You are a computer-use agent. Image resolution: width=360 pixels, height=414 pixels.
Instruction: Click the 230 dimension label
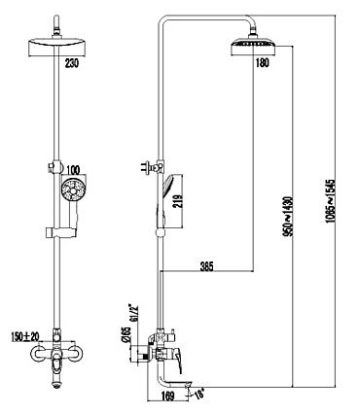72,63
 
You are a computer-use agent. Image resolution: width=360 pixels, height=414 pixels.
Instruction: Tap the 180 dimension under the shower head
263,63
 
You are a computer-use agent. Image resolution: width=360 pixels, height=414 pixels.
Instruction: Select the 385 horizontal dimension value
206,267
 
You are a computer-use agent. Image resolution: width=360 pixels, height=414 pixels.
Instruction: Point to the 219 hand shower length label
178,201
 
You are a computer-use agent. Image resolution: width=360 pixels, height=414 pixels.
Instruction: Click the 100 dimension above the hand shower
73,169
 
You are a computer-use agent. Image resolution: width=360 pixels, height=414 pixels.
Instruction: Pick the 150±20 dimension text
24,336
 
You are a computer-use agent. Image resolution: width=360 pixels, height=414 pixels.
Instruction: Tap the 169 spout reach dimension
167,396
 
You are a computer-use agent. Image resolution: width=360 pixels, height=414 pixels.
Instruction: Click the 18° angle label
199,395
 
